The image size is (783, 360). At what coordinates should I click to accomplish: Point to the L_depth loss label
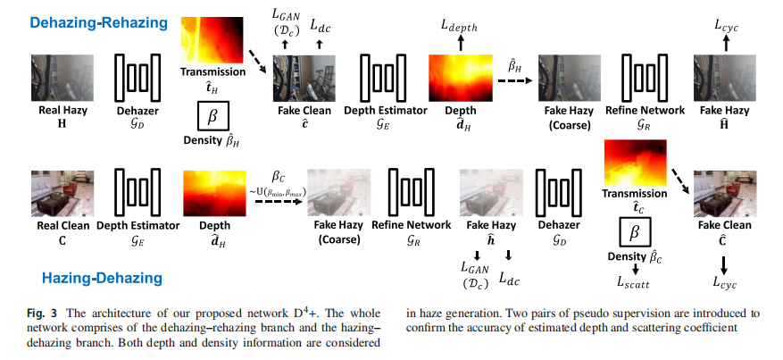tap(459, 27)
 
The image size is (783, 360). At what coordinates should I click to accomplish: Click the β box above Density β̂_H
tap(212, 118)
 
